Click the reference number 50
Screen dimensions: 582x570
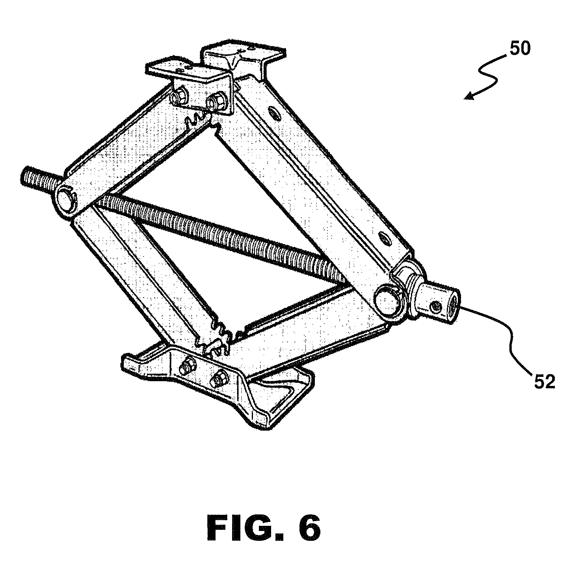coord(520,49)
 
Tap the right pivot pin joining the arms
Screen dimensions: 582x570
coord(387,297)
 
